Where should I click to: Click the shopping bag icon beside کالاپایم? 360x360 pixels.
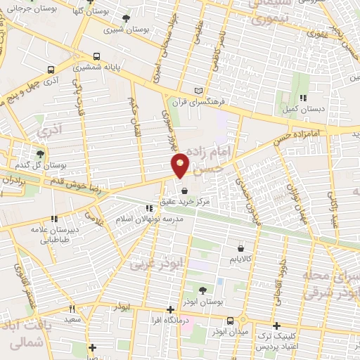(x=241, y=247)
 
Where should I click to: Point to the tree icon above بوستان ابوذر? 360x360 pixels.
(x=202, y=290)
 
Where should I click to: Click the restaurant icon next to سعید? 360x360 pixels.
(x=71, y=309)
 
